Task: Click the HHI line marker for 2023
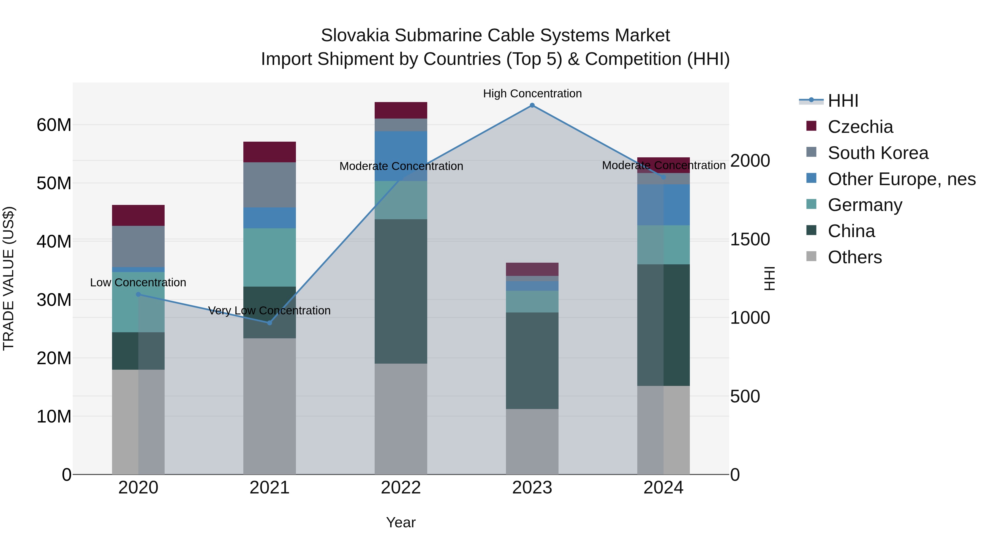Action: point(532,105)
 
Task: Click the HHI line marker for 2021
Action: point(270,323)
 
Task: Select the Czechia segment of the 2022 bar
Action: point(401,110)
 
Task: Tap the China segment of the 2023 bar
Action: point(532,361)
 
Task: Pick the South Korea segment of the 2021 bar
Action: point(270,185)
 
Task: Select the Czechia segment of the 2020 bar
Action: point(138,215)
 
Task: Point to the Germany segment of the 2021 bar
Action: point(270,257)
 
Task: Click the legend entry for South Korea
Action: point(878,153)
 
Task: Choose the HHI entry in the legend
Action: point(843,101)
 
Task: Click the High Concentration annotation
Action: point(532,94)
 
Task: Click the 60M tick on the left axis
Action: point(54,125)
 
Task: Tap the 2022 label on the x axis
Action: point(401,488)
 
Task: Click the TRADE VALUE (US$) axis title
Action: point(9,278)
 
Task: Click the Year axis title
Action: point(401,522)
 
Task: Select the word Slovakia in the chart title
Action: point(355,35)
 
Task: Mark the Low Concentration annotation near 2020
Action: point(138,282)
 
